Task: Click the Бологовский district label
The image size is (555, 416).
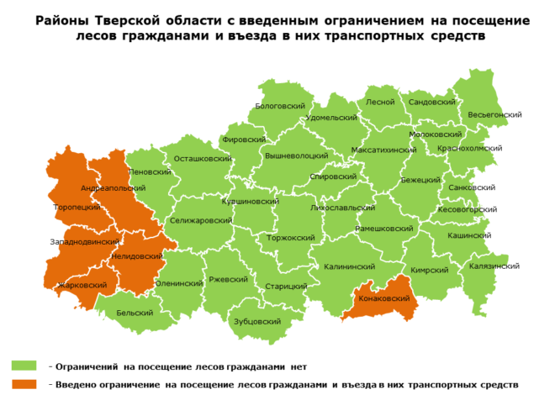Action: pos(279,107)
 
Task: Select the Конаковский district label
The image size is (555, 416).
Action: pos(383,298)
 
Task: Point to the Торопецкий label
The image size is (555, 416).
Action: pos(77,207)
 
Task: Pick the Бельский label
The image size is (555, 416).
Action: pos(134,313)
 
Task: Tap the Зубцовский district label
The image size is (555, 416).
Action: pos(256,322)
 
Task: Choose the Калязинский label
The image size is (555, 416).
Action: pos(494,266)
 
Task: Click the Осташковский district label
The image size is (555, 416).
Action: pos(203,158)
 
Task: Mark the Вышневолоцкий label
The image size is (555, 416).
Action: pos(296,155)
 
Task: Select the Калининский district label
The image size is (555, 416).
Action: pos(348,266)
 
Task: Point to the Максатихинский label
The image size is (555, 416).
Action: pos(383,150)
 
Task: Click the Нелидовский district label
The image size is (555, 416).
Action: pos(137,255)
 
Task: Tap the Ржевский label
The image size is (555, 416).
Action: pos(226,279)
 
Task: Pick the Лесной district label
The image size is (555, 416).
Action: pos(380,102)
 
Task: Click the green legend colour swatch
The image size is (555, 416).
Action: pos(24,366)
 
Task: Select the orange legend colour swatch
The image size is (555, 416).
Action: pos(24,384)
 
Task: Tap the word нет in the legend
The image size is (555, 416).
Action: pos(299,366)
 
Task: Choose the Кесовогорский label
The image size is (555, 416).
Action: pos(468,209)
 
